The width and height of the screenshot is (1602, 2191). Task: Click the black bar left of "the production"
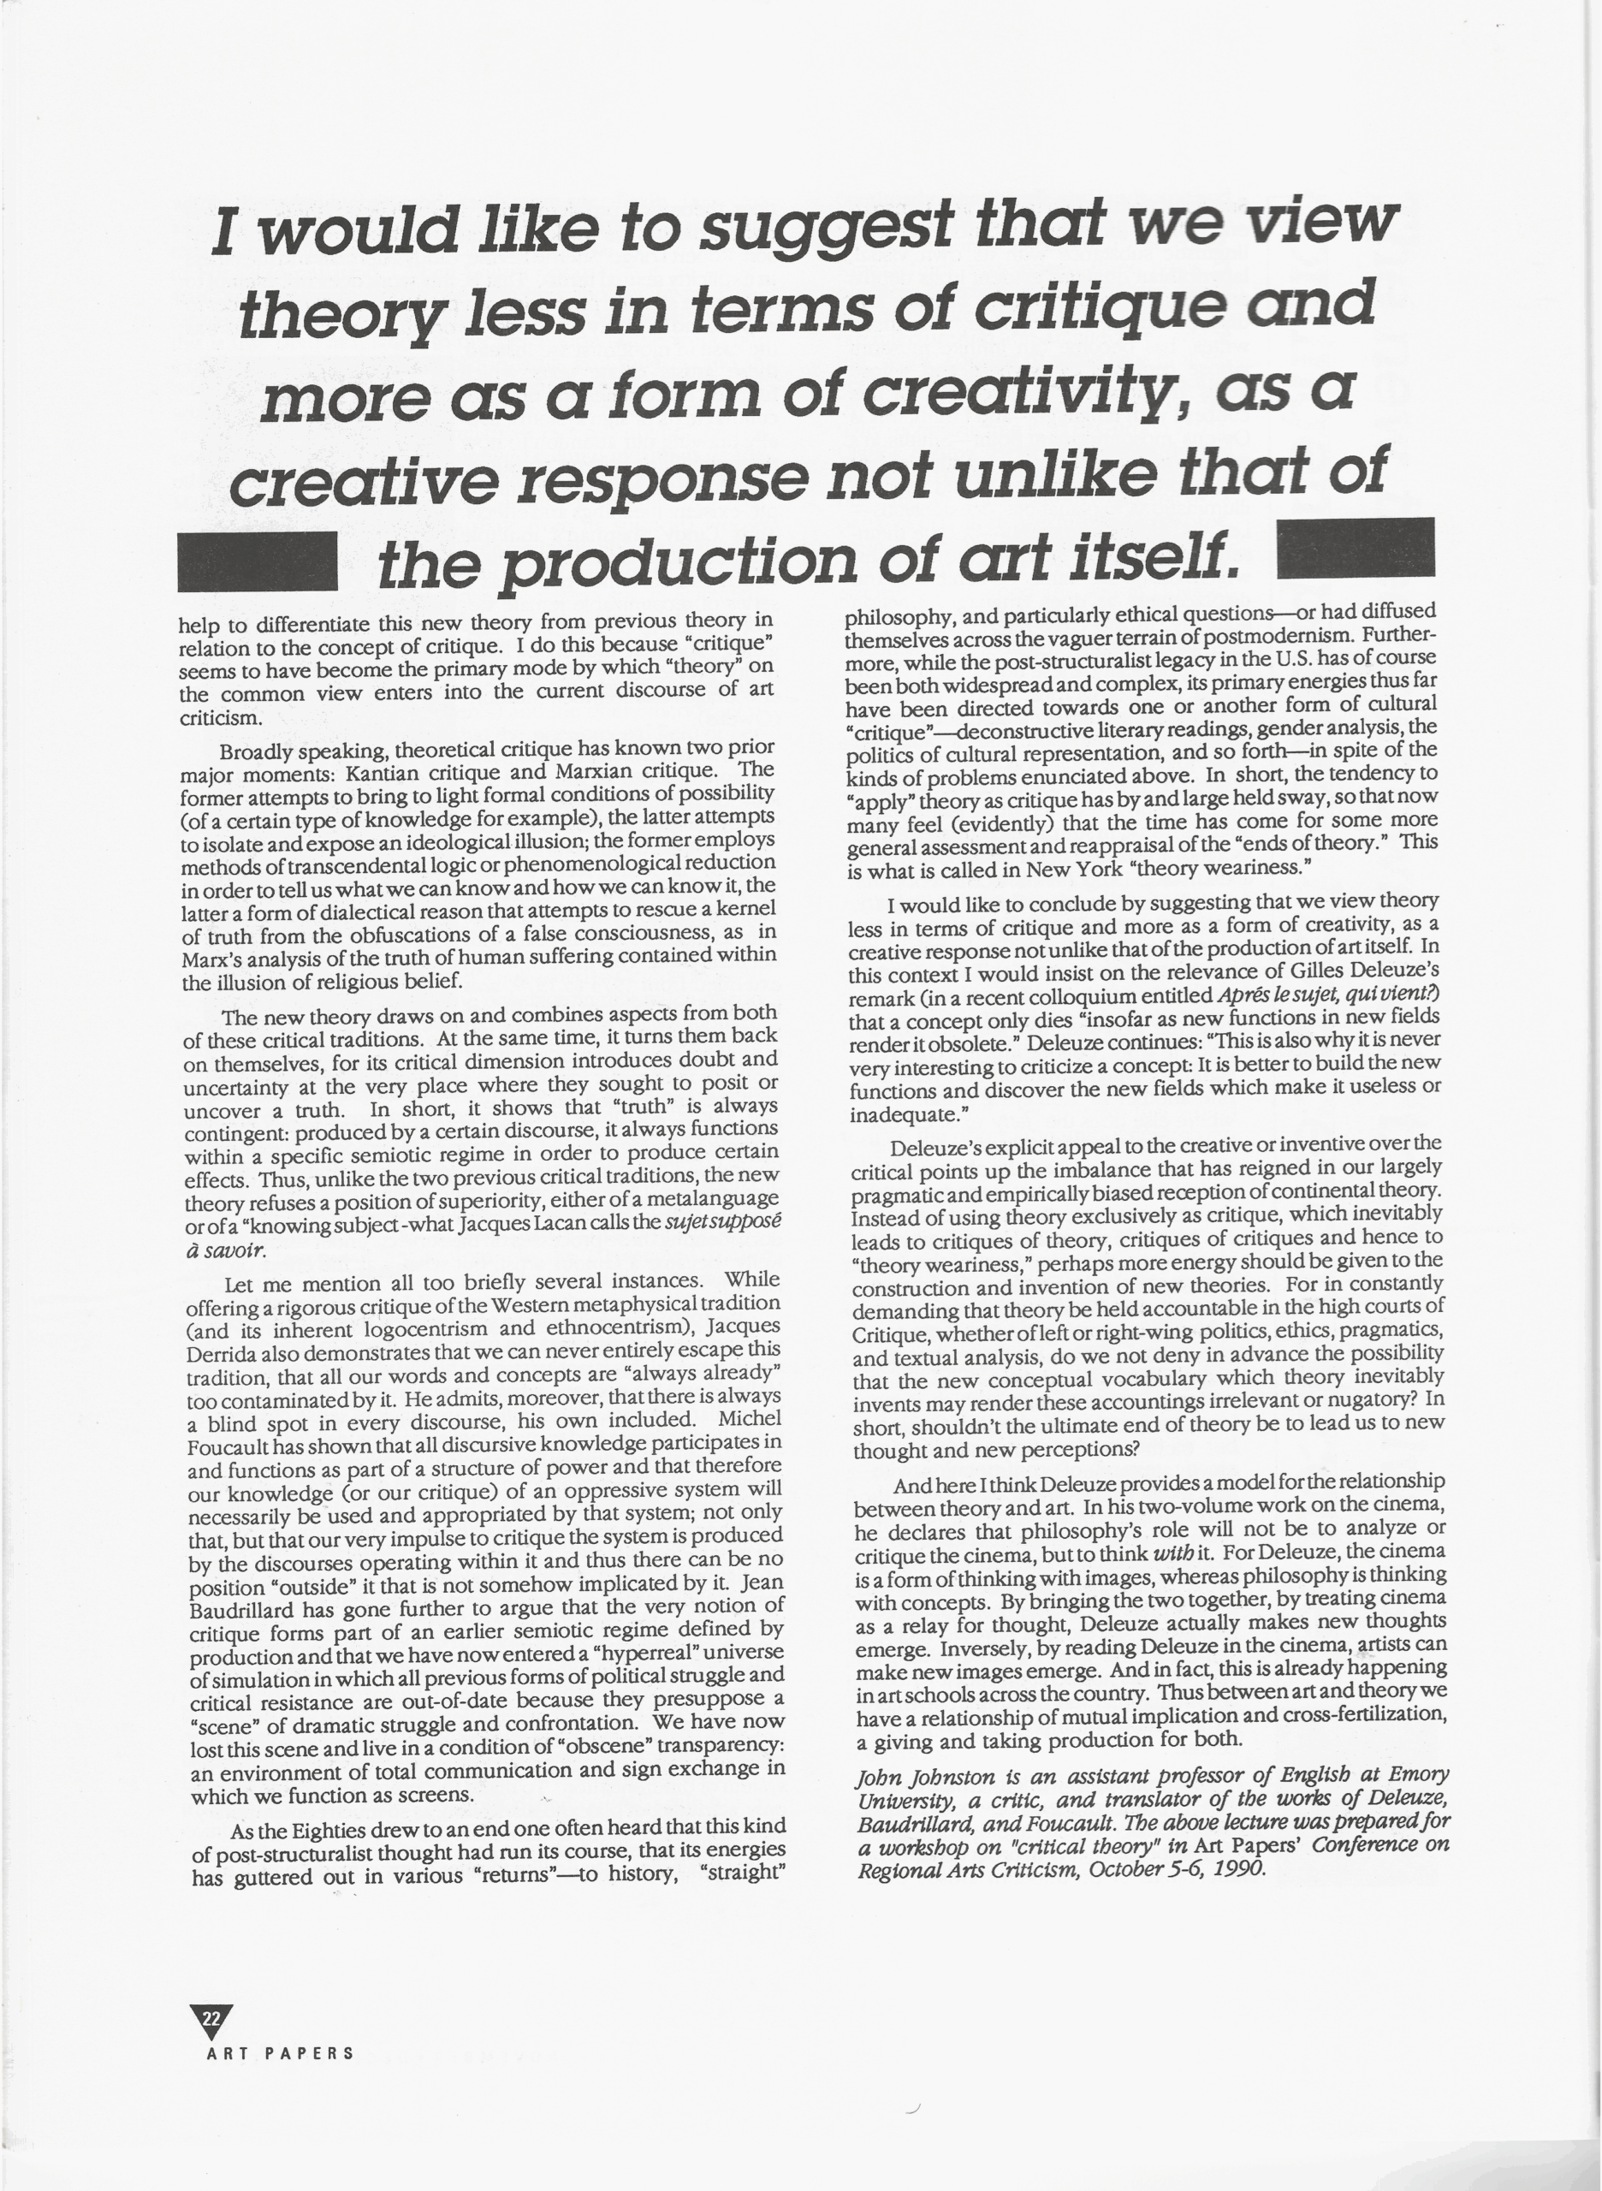pos(257,561)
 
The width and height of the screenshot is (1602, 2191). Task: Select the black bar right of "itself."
pos(1356,549)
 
